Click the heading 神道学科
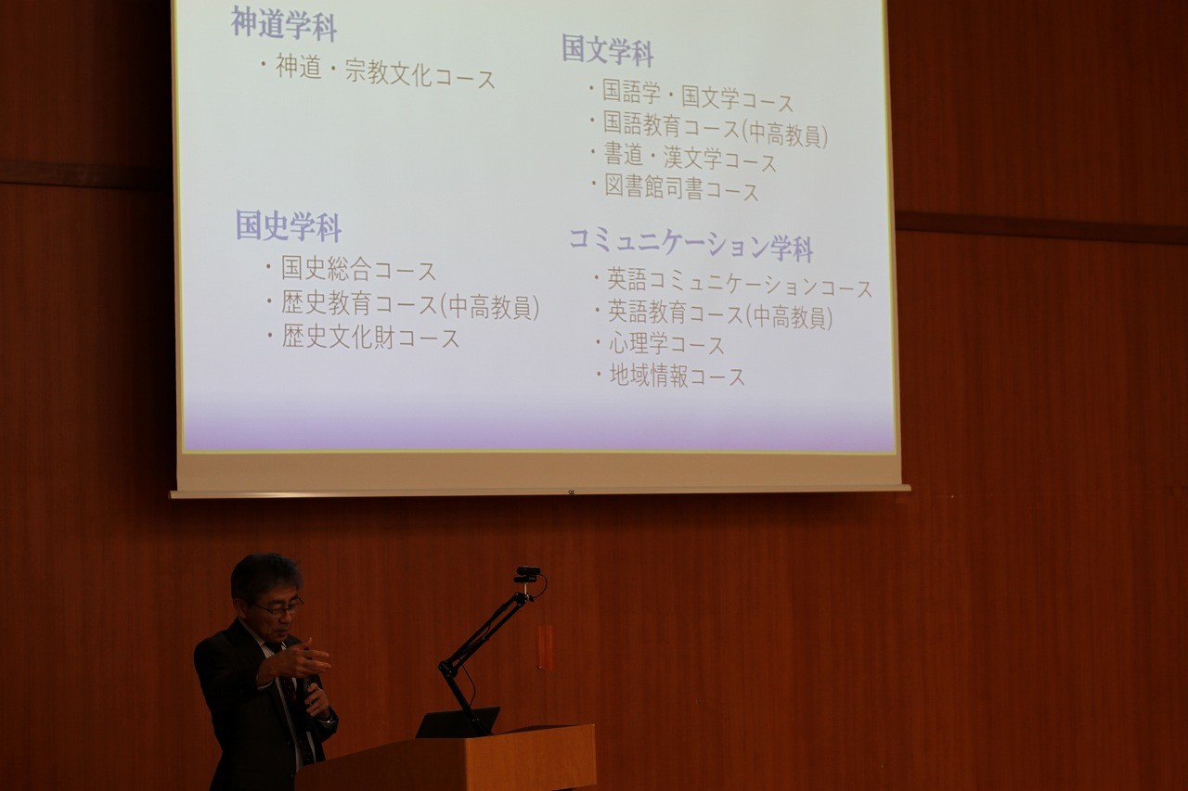click(x=284, y=24)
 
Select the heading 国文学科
click(x=608, y=50)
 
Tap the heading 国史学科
click(x=289, y=225)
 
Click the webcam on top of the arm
click(x=528, y=574)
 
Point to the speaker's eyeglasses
click(x=279, y=607)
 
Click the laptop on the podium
click(x=458, y=721)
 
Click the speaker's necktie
click(x=292, y=705)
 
